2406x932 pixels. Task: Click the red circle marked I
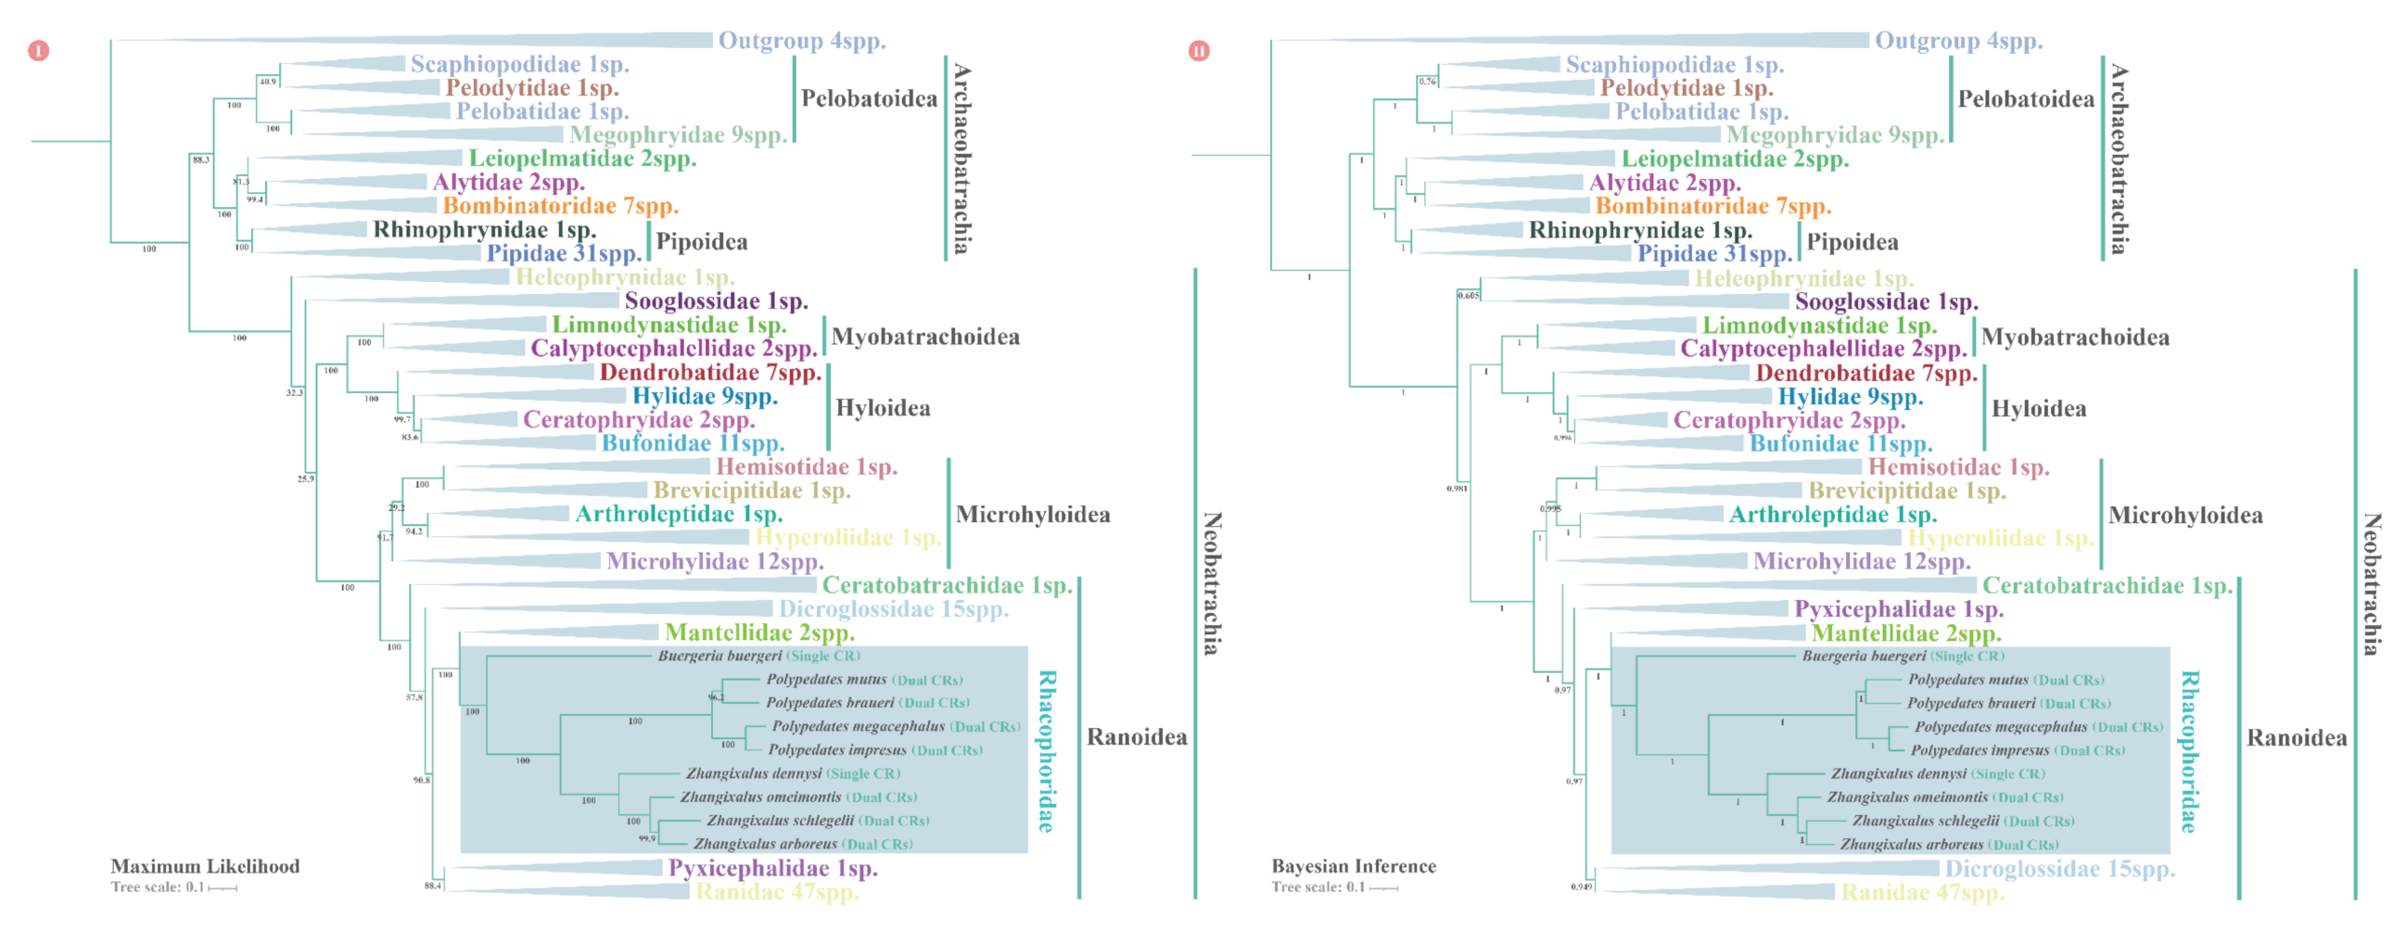pos(38,50)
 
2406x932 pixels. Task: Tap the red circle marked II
pos(1198,50)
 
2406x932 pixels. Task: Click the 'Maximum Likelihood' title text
pos(205,866)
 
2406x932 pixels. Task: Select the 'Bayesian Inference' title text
pos(1354,866)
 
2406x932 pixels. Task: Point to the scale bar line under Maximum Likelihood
pos(223,888)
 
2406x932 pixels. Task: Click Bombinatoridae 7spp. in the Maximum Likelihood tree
pos(560,206)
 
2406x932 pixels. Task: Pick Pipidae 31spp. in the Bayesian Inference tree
pos(1714,253)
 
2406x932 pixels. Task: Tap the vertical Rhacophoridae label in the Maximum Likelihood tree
pos(1047,751)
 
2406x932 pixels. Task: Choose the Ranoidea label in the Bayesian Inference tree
pos(2296,738)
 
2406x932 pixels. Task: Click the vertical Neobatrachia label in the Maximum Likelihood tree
pos(1212,582)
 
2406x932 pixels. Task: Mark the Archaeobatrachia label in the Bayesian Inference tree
pos(2119,159)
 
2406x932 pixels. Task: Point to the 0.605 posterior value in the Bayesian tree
pos(1469,295)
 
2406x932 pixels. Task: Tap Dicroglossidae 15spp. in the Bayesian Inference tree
pos(2059,869)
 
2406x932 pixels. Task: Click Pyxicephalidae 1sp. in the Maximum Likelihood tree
pos(772,869)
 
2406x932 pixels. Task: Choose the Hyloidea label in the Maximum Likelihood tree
pos(883,408)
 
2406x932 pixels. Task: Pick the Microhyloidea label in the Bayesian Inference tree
pos(2185,515)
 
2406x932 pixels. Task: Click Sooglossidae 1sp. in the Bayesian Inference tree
pos(1886,301)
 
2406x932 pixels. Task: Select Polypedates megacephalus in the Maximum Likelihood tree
pos(858,725)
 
